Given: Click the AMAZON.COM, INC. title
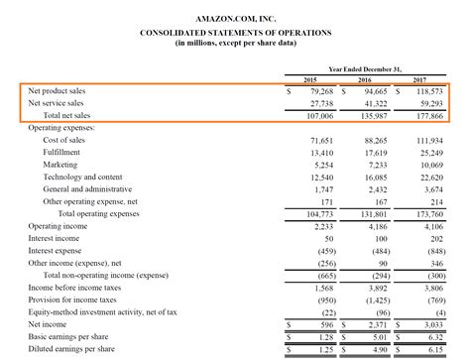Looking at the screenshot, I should click(235, 18).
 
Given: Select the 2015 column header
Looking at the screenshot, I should click(307, 79).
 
